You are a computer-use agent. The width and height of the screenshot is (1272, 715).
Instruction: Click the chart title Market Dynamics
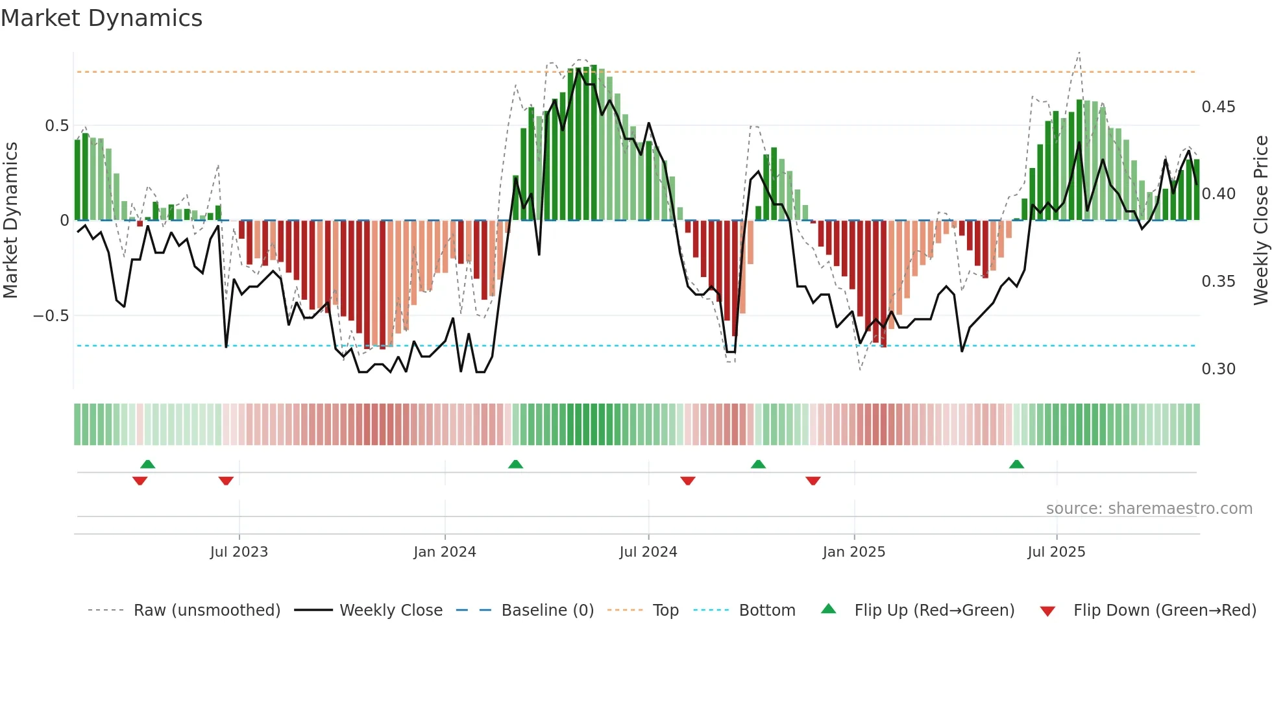tap(102, 18)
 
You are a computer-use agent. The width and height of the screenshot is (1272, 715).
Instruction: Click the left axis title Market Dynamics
tap(10, 220)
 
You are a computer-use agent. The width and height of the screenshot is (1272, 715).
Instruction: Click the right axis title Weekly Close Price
tap(1260, 220)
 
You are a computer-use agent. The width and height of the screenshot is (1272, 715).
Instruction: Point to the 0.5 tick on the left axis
tap(56, 125)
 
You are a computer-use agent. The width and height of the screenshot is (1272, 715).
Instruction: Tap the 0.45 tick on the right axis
tap(1218, 107)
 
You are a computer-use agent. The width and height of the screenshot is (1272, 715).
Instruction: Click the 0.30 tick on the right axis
tap(1218, 369)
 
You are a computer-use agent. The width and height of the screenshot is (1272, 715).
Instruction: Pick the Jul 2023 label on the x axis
tap(239, 552)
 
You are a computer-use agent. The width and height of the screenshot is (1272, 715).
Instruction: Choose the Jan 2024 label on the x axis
tap(445, 552)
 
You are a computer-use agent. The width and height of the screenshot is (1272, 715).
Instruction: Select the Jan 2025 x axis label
tap(853, 552)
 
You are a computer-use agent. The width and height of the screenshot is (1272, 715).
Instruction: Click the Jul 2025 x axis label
tap(1056, 552)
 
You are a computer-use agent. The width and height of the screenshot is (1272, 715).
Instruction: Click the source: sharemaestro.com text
tap(1149, 509)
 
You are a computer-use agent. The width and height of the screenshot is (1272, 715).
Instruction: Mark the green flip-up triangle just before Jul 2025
tap(1016, 465)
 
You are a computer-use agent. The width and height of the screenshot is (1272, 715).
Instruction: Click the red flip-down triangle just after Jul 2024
tap(688, 481)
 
